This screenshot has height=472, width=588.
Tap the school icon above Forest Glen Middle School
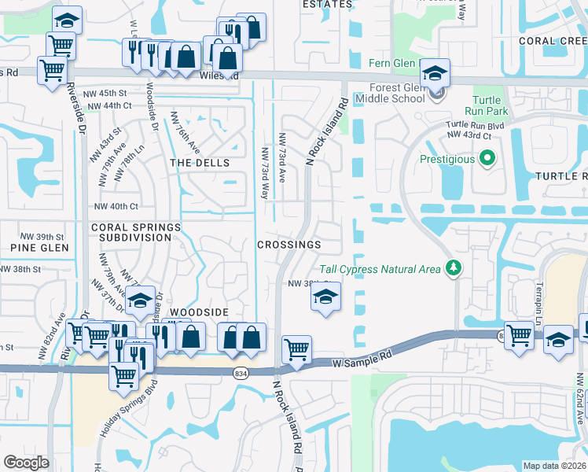tap(435, 75)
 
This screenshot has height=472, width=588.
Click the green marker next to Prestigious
tap(487, 160)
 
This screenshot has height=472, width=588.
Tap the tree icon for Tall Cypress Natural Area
tap(453, 269)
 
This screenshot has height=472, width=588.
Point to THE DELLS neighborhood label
tap(200, 163)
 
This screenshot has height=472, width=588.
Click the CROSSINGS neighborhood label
tap(289, 245)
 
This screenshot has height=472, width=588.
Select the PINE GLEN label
tap(35, 248)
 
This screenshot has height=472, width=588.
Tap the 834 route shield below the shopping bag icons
tap(241, 374)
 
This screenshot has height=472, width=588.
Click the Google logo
tap(26, 462)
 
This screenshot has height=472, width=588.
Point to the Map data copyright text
tap(554, 466)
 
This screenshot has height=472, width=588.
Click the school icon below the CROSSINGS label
tap(323, 297)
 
